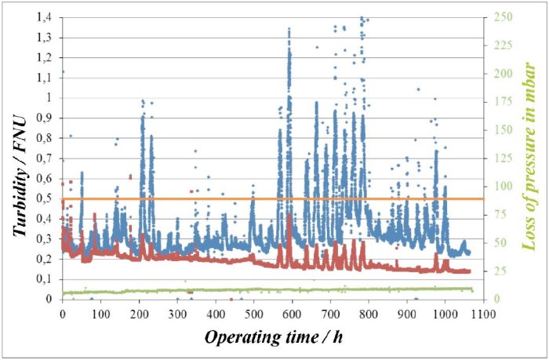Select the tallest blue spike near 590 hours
coord(289,30)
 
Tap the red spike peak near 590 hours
coord(289,215)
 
